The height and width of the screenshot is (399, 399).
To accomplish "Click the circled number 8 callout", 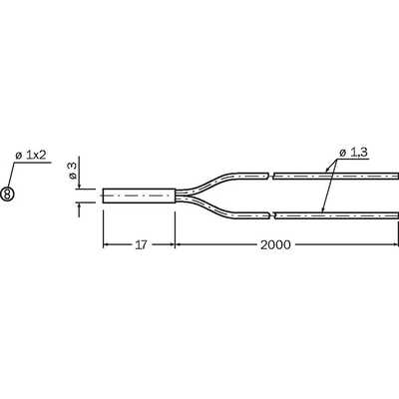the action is click(x=7, y=194).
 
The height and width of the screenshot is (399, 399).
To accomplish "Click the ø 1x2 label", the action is click(x=31, y=155).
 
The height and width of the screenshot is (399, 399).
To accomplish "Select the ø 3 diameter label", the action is click(x=72, y=171).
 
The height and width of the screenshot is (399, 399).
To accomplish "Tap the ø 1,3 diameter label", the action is click(x=353, y=153).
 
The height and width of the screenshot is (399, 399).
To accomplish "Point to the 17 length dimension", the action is click(x=141, y=245).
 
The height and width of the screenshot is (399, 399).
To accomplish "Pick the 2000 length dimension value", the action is click(x=275, y=245).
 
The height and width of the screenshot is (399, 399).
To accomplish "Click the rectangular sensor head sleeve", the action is click(x=139, y=196).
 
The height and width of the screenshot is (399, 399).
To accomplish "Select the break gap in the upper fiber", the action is click(x=270, y=176).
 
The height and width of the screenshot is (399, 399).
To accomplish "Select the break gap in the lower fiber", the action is click(x=271, y=215).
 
